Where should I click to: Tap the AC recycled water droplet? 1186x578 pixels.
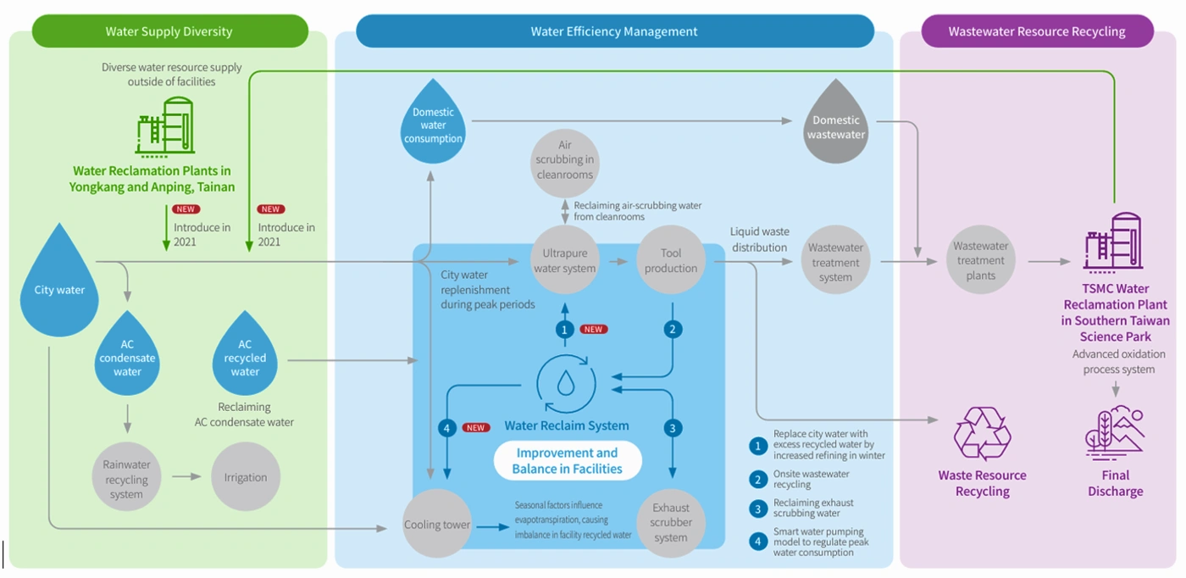tap(245, 357)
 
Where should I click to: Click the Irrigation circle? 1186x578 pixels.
tap(246, 477)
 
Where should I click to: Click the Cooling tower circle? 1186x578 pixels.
tap(436, 525)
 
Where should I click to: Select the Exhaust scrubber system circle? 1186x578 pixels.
tap(671, 522)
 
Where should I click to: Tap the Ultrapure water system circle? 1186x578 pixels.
tap(565, 260)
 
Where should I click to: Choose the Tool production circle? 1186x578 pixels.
tap(671, 260)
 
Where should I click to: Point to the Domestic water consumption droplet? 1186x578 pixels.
tap(433, 125)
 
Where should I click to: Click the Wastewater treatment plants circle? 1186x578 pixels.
tap(980, 260)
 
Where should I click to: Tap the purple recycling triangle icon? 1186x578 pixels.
tap(982, 433)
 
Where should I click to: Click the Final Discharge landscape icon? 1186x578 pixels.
tap(1115, 434)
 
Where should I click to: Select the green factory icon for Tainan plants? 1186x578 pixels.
tap(164, 127)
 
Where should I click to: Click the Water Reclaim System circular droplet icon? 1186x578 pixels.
tap(565, 384)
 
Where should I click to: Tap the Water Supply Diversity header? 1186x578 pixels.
tap(169, 31)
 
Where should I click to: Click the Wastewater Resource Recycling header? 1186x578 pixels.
tap(1037, 31)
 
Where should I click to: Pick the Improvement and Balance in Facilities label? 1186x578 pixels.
tap(568, 461)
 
